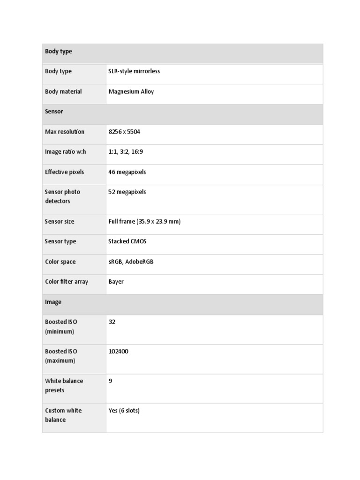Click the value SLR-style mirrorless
pyautogui.click(x=134, y=71)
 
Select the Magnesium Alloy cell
pyautogui.click(x=131, y=91)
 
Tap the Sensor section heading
pyautogui.click(x=54, y=112)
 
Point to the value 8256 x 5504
pyautogui.click(x=124, y=132)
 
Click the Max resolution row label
pyautogui.click(x=65, y=132)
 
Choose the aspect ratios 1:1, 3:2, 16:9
pyautogui.click(x=127, y=152)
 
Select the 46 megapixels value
pyautogui.click(x=127, y=172)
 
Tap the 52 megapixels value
pyautogui.click(x=127, y=192)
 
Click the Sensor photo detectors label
pyautogui.click(x=62, y=196)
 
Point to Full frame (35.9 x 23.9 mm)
pyautogui.click(x=144, y=221)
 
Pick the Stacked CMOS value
pyautogui.click(x=127, y=241)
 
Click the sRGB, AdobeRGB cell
pyautogui.click(x=131, y=262)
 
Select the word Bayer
pyautogui.click(x=116, y=282)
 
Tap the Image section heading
pyautogui.click(x=53, y=302)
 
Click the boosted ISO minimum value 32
pyautogui.click(x=112, y=322)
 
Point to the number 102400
pyautogui.click(x=118, y=351)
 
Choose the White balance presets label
pyautogui.click(x=64, y=385)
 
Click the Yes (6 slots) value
pyautogui.click(x=124, y=411)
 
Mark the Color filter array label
pyautogui.click(x=67, y=282)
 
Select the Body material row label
pyautogui.click(x=63, y=91)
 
